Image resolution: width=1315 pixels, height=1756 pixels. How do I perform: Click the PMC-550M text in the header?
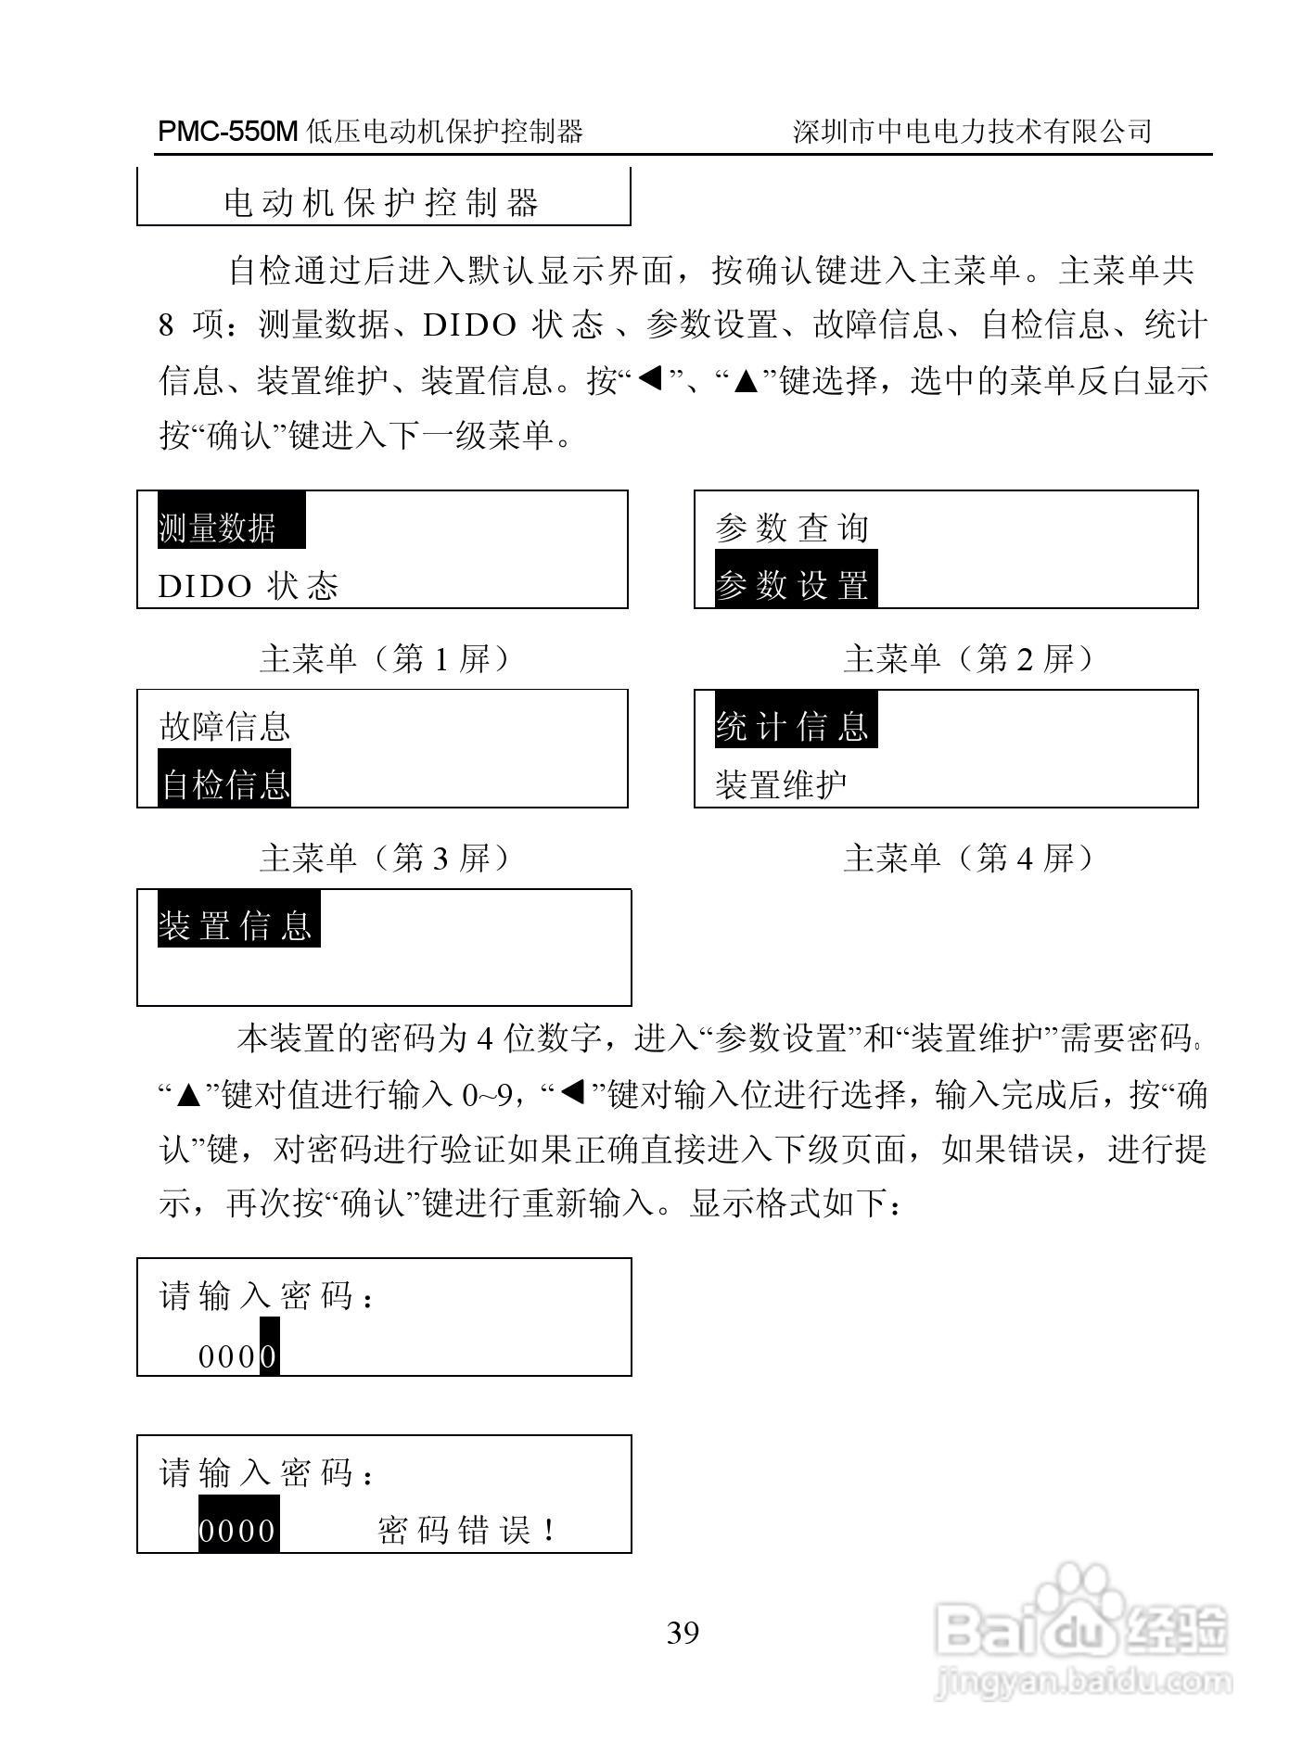pos(228,132)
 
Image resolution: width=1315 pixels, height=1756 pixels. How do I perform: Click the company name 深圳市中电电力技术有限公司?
pos(972,132)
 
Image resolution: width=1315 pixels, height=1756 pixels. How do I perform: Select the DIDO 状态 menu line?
pos(249,586)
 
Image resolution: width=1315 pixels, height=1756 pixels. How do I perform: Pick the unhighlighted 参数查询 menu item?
pos(792,528)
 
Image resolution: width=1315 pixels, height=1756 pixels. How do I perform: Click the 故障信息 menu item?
pos(224,726)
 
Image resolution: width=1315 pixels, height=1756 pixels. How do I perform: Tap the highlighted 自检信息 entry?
pos(224,784)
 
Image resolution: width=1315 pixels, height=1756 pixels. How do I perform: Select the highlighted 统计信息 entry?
pos(795,725)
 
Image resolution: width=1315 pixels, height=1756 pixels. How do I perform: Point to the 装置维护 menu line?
pos(781,784)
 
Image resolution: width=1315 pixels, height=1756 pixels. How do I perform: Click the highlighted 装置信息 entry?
pos(238,924)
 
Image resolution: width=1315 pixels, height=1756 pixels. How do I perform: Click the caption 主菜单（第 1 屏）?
pos(384,659)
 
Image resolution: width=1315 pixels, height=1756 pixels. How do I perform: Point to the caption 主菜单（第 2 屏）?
pos(968,659)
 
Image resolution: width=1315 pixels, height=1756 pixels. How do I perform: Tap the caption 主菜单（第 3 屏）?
pos(384,859)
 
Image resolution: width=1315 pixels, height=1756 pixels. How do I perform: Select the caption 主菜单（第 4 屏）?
pos(968,859)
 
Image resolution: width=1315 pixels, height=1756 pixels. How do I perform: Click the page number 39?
pos(683,1632)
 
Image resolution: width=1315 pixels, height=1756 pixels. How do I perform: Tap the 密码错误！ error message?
pos(466,1530)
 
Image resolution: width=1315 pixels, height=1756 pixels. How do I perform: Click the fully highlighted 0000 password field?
pos(238,1530)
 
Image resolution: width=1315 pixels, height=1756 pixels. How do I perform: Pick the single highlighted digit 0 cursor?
pos(268,1356)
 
